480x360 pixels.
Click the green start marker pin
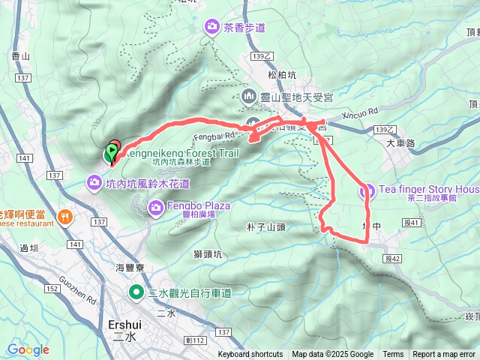[x=112, y=153]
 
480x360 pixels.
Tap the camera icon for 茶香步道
[x=212, y=28]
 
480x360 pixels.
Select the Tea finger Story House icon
[x=366, y=191]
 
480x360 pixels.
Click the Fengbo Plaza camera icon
[x=156, y=206]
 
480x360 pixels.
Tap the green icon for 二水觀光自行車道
[x=136, y=292]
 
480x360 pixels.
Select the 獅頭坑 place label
[x=207, y=253]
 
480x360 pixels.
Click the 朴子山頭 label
[x=265, y=226]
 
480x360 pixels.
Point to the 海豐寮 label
[x=130, y=267]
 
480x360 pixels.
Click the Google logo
[x=28, y=349]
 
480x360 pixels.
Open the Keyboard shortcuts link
[x=250, y=355]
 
